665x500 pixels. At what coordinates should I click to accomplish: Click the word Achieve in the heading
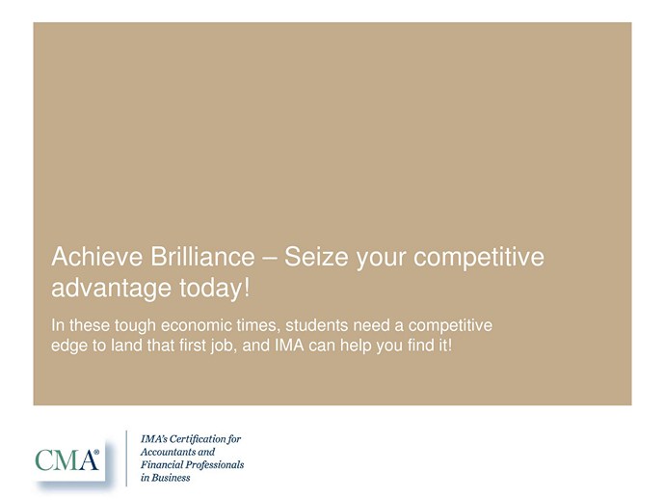97,257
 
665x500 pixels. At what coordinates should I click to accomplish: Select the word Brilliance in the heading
202,257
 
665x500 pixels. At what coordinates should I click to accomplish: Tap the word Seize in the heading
316,257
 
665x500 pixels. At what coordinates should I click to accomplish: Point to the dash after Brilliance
269,259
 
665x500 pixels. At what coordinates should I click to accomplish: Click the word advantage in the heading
111,289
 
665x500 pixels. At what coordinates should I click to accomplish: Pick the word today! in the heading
215,289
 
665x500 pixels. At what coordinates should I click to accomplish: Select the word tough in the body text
135,326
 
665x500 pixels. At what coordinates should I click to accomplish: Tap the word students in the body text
316,325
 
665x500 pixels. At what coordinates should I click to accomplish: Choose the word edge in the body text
66,346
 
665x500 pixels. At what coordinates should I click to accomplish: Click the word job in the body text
223,346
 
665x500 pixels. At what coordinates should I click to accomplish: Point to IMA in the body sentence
290,345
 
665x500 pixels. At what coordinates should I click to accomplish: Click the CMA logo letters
66,459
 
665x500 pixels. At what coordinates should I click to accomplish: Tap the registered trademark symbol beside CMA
96,453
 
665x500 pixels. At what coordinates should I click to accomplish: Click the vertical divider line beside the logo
126,458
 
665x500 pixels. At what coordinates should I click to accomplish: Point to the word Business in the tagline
171,478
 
